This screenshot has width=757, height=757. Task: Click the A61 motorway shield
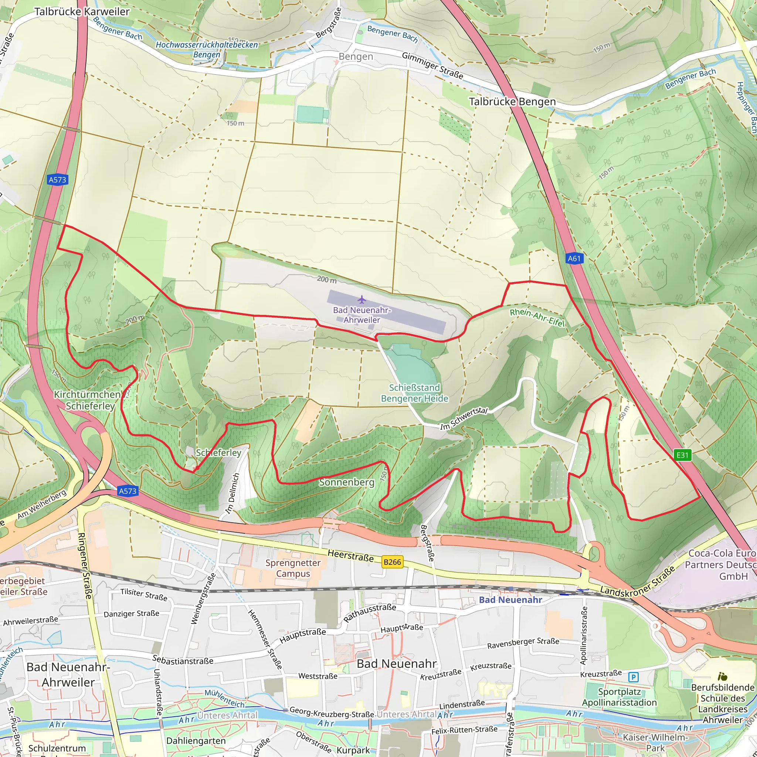(574, 259)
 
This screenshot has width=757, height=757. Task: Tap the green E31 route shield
(682, 455)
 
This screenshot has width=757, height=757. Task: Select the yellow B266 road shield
(392, 562)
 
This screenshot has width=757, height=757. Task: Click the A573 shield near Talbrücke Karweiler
(57, 180)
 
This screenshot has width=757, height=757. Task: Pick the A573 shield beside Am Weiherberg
(128, 491)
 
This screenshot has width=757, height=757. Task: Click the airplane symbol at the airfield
(361, 300)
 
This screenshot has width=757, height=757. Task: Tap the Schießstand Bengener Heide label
(415, 393)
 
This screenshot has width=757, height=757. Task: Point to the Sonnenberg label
(346, 482)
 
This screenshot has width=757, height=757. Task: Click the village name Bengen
(356, 57)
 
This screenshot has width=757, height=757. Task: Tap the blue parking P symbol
(634, 677)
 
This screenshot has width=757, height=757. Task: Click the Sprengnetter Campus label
(293, 568)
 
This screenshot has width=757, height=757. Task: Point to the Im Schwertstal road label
(464, 418)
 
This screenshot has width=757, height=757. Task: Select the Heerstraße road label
(350, 556)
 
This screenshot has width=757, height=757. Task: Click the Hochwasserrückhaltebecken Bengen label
(207, 50)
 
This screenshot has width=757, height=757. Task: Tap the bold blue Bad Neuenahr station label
(510, 600)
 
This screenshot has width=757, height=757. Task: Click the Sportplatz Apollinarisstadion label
(619, 697)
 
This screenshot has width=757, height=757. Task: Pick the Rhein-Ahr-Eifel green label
(537, 318)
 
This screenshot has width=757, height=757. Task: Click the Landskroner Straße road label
(638, 582)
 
